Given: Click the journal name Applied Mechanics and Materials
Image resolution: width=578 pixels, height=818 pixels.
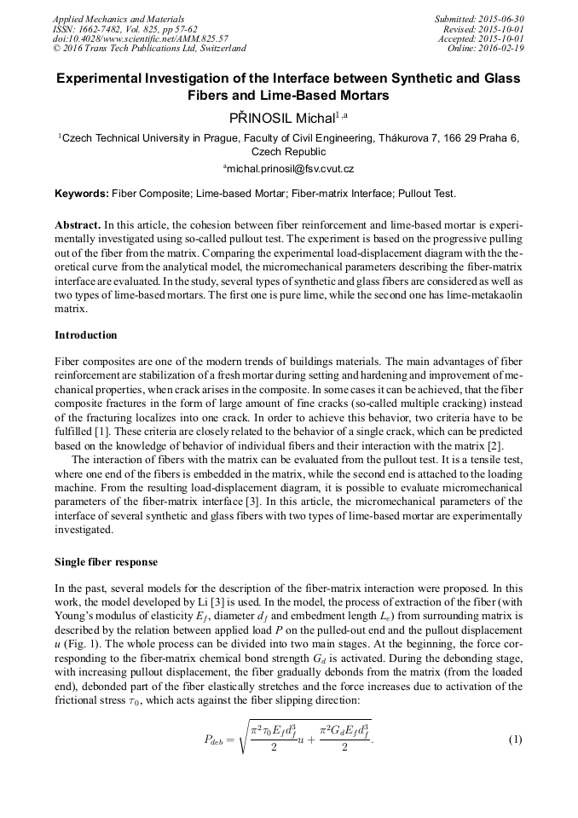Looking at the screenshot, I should coord(108,18).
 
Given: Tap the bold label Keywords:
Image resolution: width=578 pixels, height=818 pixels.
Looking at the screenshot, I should coord(82,194).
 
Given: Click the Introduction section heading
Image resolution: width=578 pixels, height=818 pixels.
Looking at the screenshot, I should coord(86,334).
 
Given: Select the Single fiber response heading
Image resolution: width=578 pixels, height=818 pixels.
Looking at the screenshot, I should coord(106,562).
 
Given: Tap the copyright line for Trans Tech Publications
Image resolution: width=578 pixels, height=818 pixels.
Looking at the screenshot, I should coord(149,49).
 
